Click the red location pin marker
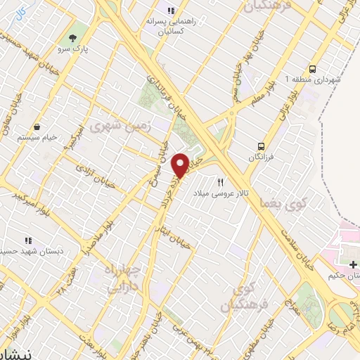tap(180, 165)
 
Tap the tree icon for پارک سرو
tap(73, 37)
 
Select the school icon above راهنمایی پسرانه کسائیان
tap(169, 11)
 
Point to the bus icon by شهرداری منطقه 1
tap(313, 69)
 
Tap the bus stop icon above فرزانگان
tap(261, 146)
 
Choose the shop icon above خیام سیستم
tap(36, 128)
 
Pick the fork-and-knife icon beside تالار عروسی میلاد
tap(221, 182)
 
